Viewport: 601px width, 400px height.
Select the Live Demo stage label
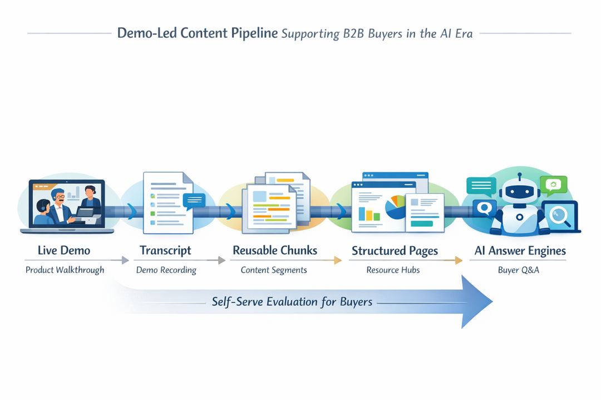pos(63,251)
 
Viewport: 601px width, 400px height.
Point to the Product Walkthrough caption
pos(65,270)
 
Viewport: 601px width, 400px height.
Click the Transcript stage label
pos(166,251)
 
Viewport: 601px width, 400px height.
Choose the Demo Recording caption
pos(166,270)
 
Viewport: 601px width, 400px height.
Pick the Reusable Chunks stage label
pos(275,251)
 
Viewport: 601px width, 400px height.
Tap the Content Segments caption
pos(273,270)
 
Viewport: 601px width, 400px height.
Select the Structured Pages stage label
pos(395,251)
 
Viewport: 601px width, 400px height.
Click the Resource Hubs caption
pos(393,270)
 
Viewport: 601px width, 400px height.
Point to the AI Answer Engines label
pos(520,251)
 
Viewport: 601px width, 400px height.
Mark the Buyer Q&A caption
pos(519,270)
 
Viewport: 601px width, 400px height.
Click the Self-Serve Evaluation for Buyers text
pos(292,302)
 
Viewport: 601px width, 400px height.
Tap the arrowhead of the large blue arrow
pos(476,302)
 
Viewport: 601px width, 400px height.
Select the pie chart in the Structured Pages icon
pos(396,207)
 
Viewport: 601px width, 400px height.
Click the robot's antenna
pos(519,177)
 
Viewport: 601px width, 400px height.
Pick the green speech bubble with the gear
pos(553,185)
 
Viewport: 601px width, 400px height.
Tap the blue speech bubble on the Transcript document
pos(194,201)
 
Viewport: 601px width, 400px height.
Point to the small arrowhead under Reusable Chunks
pos(337,260)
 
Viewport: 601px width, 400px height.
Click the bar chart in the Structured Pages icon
pos(369,213)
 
